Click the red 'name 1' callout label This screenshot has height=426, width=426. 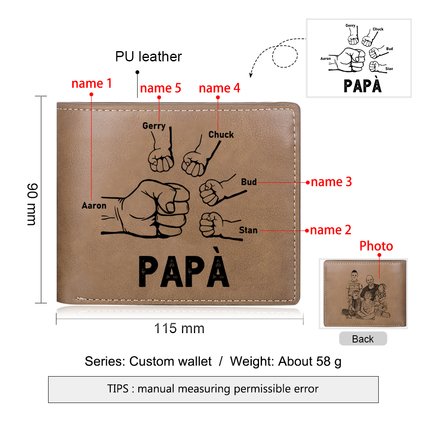[92, 83]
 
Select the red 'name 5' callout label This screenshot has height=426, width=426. [161, 88]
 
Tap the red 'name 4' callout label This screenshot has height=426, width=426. [219, 88]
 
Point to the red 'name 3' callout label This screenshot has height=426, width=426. [331, 182]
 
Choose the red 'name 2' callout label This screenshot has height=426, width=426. [331, 230]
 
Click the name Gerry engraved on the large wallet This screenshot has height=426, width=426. [154, 126]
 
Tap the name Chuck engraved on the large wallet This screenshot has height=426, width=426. [221, 135]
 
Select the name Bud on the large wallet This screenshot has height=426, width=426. [249, 182]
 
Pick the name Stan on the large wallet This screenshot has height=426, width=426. [248, 230]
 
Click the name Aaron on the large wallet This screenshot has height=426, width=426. [94, 205]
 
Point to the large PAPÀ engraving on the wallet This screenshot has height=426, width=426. [184, 268]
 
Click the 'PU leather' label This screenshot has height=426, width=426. [148, 57]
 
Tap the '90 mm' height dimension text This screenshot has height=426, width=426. [32, 204]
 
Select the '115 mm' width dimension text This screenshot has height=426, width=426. [179, 328]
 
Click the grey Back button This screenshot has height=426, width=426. [363, 339]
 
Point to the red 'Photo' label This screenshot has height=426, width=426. [376, 246]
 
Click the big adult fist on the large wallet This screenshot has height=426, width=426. [145, 209]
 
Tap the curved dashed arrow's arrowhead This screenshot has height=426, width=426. [251, 75]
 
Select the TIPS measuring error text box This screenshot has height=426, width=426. [213, 389]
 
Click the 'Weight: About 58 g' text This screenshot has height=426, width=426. [285, 362]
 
